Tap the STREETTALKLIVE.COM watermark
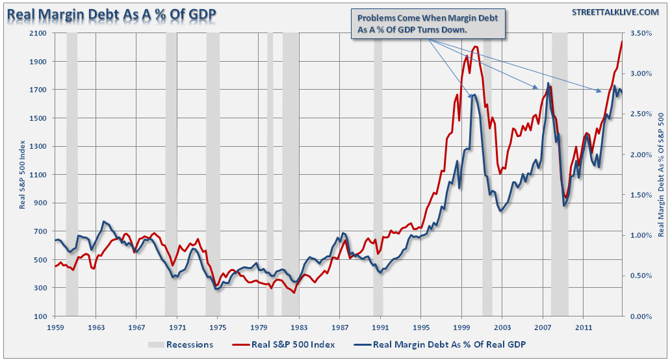613,13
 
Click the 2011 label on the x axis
583,328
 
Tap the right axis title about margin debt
662,174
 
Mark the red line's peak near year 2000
476,46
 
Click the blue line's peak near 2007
548,83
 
